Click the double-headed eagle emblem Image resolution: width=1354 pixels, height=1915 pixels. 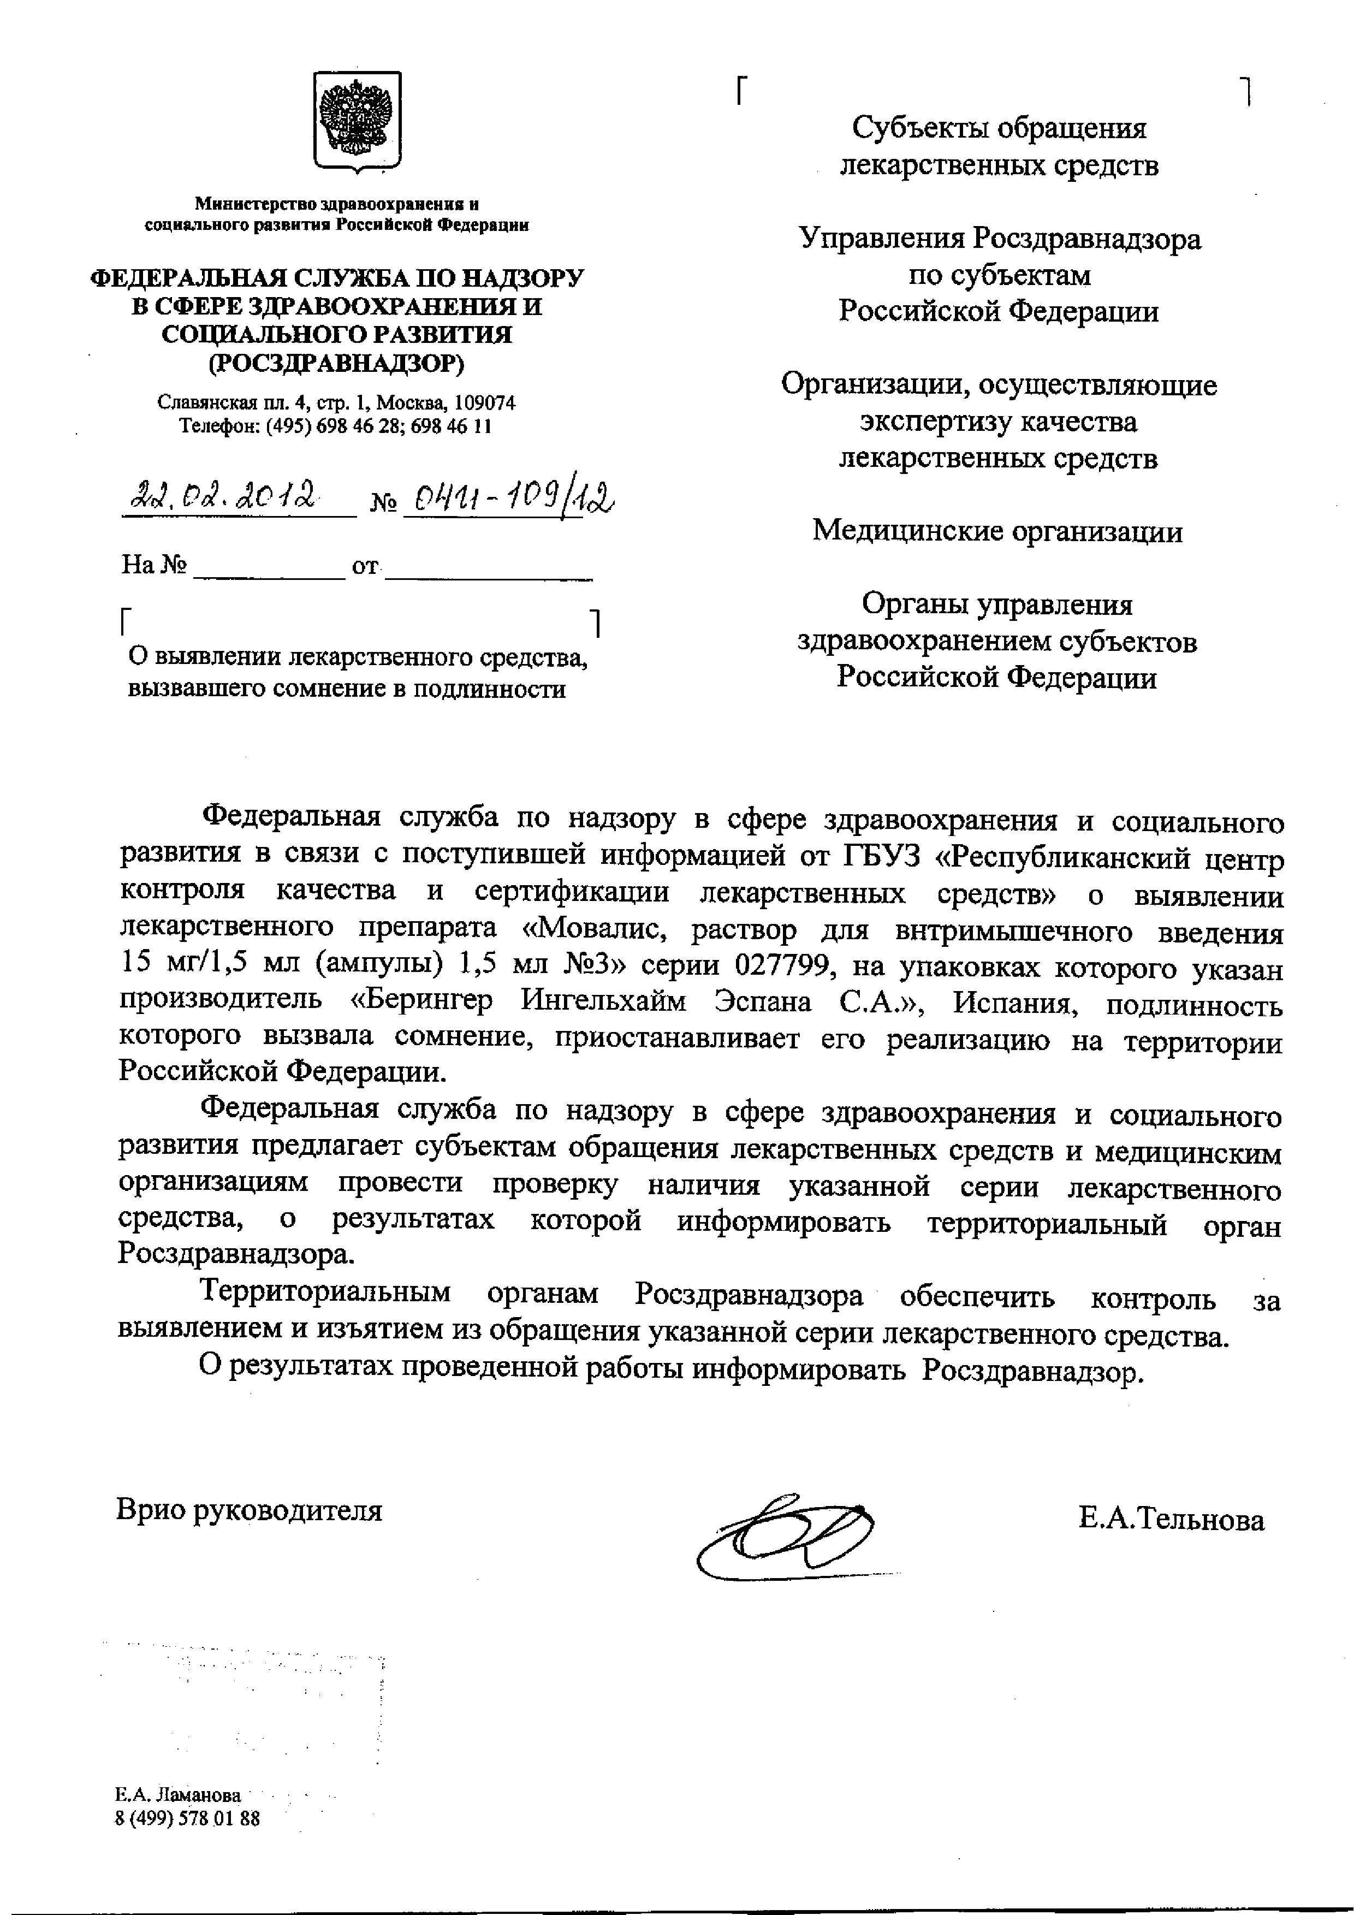pyautogui.click(x=357, y=123)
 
